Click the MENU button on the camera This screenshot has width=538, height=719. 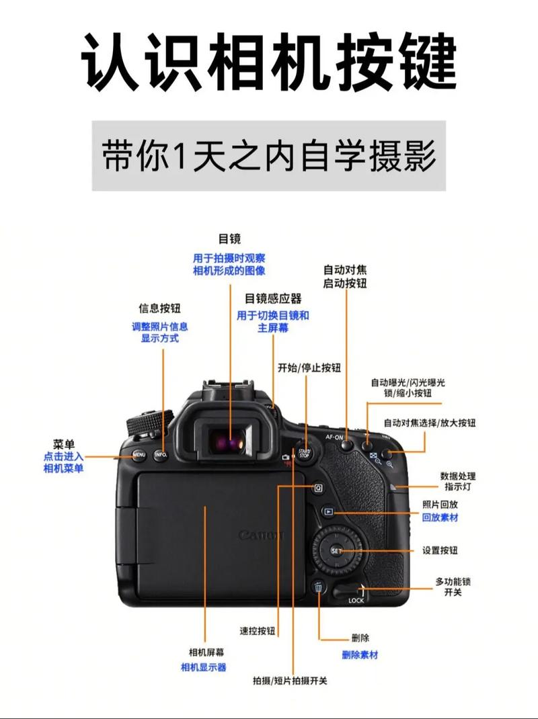[x=139, y=455]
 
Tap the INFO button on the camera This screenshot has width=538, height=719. [x=161, y=455]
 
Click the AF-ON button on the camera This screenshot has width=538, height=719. [x=347, y=444]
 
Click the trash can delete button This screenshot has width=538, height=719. [x=319, y=587]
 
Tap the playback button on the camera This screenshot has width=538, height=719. [x=328, y=511]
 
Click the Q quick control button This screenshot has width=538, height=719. [x=318, y=489]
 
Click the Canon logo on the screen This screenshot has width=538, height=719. [x=261, y=536]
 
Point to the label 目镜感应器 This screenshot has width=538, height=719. [x=273, y=298]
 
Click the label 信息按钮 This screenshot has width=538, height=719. [x=159, y=308]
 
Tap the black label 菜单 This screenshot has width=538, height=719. [x=64, y=443]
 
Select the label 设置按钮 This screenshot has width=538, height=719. [x=440, y=550]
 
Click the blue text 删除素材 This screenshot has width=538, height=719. [x=360, y=654]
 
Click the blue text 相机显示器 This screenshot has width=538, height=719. [x=203, y=667]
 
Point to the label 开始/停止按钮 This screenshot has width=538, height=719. [x=309, y=368]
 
